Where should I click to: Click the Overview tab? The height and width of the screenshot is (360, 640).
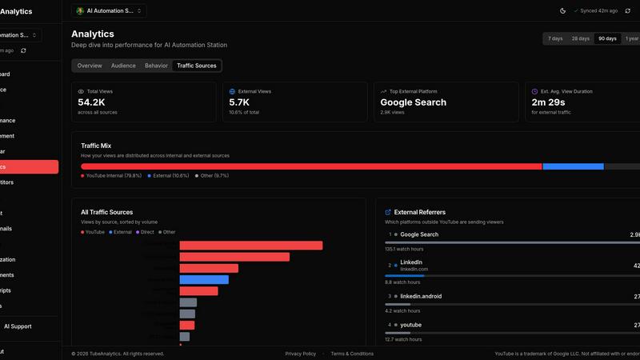click(90, 66)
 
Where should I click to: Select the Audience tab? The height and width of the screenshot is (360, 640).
click(123, 66)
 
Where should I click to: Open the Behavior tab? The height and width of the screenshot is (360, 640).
click(156, 66)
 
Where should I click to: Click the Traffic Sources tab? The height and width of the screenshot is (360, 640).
click(197, 66)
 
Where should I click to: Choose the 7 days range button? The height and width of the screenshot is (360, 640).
click(555, 38)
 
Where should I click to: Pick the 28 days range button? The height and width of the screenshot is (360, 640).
click(580, 38)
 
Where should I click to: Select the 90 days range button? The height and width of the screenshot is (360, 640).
click(607, 38)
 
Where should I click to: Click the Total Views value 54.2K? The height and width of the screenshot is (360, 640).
click(91, 102)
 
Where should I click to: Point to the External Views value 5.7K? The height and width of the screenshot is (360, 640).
click(239, 102)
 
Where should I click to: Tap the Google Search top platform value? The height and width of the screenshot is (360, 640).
click(413, 102)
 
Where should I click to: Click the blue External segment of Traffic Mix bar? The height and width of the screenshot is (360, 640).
click(573, 166)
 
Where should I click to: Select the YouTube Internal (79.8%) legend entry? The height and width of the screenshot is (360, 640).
click(111, 175)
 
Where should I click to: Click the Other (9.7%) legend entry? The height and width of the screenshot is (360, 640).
click(212, 175)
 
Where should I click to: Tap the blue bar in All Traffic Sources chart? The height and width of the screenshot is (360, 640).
click(204, 280)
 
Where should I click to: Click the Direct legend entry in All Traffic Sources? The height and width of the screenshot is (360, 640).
click(146, 232)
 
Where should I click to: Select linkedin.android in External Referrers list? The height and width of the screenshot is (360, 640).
click(421, 296)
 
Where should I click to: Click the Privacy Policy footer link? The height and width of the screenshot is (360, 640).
click(300, 354)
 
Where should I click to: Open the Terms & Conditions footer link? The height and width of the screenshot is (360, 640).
click(352, 354)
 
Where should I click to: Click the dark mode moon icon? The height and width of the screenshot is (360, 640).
click(562, 10)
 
